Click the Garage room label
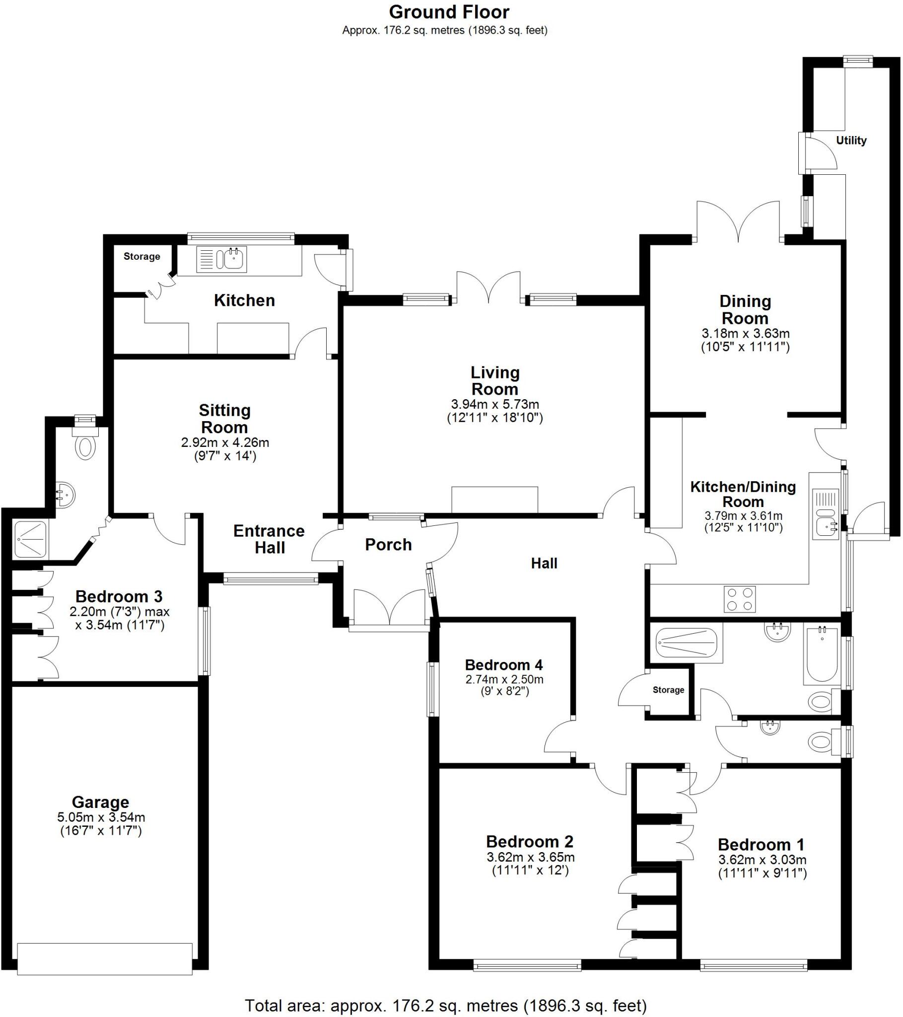100,801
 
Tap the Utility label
851,141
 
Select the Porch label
388,545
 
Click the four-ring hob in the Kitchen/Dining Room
740,599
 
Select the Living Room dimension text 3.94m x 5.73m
494,405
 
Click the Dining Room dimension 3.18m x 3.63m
745,333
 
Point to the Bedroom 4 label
503,665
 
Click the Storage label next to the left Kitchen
142,257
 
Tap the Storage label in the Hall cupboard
668,690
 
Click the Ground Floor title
449,12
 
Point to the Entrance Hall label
269,539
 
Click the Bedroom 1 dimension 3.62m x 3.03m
762,860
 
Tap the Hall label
544,563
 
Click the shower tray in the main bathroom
686,642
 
